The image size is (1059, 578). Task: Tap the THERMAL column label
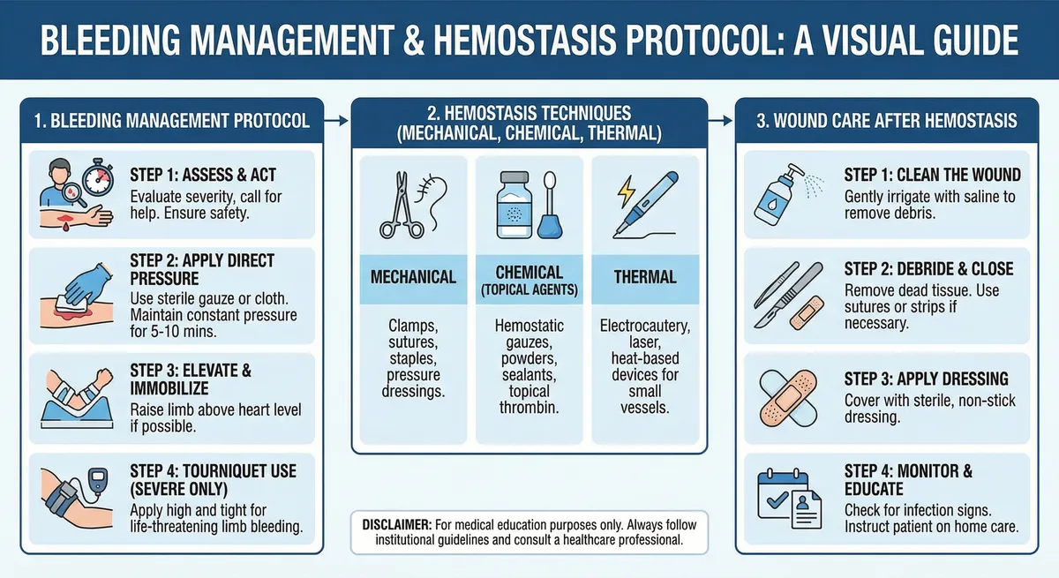(644, 277)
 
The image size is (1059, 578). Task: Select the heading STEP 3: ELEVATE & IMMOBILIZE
(191, 380)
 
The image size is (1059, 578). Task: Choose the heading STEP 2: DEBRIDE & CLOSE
(929, 269)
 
